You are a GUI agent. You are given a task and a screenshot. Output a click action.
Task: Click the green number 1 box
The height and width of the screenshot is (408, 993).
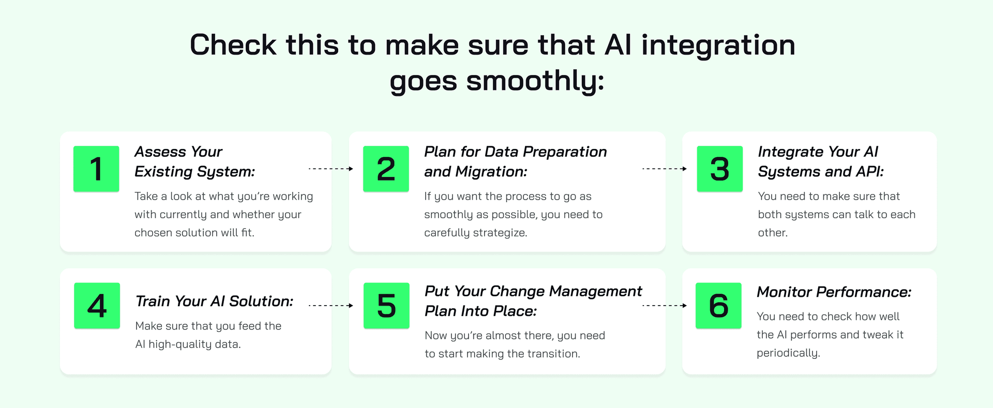96,169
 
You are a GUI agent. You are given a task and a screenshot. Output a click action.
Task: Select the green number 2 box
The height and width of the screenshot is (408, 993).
386,169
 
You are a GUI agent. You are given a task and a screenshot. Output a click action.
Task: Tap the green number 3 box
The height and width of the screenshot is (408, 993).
720,169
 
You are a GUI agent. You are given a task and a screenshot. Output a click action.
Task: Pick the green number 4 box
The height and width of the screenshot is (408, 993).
97,306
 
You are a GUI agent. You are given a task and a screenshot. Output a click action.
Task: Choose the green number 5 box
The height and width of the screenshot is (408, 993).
386,306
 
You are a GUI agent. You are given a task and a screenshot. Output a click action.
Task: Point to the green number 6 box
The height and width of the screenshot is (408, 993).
718,306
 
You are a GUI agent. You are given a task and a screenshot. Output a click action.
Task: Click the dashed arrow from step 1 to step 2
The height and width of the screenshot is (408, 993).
331,169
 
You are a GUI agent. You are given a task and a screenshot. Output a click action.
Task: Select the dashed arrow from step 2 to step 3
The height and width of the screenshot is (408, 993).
665,169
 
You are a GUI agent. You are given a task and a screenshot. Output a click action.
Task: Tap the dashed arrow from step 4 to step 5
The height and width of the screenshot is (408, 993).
331,306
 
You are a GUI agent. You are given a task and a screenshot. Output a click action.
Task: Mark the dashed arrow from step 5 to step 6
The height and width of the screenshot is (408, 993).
665,306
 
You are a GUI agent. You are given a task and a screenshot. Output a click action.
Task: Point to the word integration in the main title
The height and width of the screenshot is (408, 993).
718,45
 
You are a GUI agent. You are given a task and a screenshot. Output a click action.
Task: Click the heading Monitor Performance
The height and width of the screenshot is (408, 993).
834,292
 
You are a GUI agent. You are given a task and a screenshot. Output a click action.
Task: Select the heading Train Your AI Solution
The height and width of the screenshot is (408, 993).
214,301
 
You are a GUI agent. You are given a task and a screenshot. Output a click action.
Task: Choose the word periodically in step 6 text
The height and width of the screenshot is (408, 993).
789,353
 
